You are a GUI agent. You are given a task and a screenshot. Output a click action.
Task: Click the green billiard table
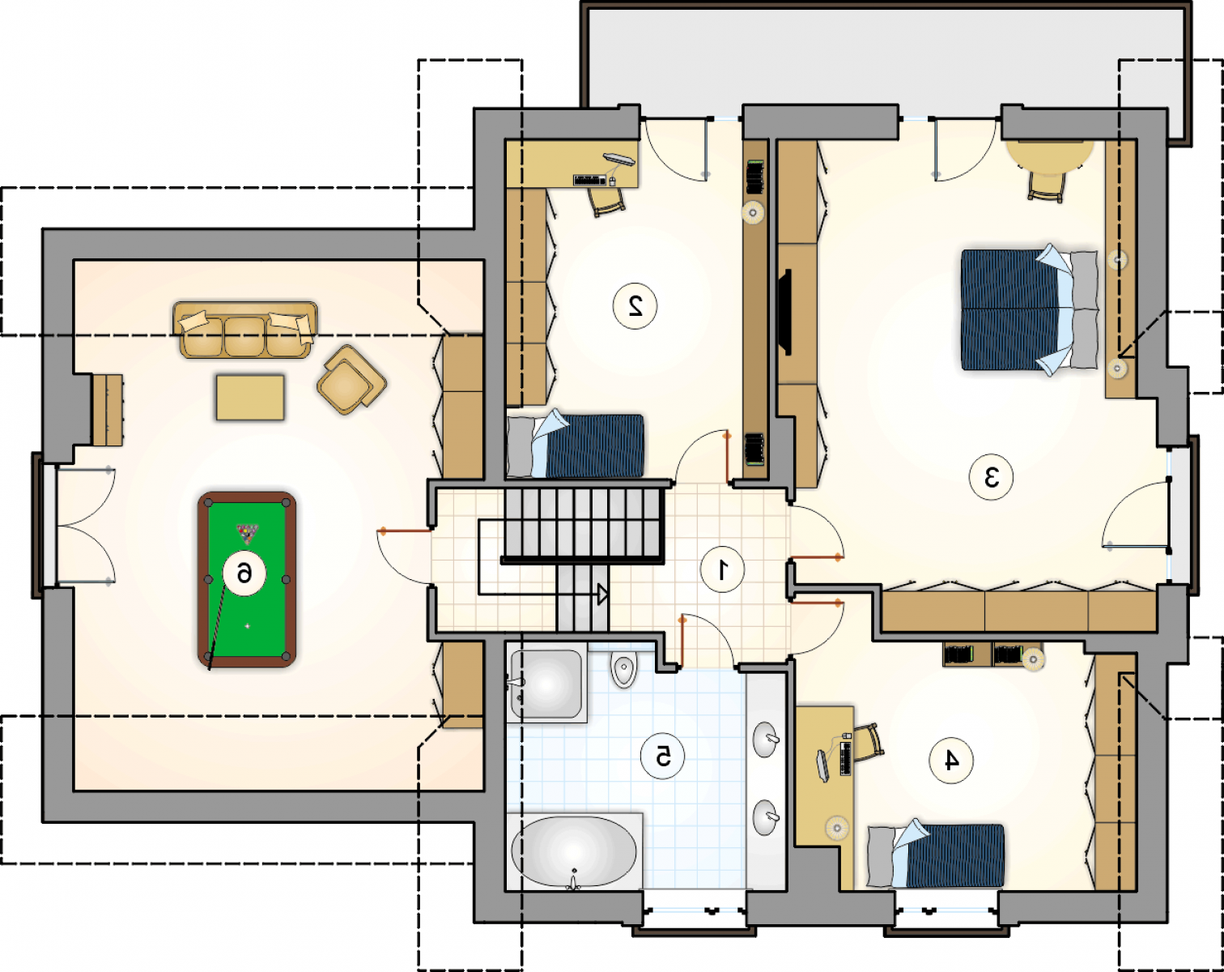(247, 579)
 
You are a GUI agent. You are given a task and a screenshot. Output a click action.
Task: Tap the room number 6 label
(244, 573)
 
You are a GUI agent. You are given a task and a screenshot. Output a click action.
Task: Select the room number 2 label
(635, 306)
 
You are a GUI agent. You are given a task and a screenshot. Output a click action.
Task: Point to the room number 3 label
(992, 477)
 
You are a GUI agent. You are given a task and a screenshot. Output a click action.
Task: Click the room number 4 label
(951, 761)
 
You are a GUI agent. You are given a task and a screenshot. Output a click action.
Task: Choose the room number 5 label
(663, 757)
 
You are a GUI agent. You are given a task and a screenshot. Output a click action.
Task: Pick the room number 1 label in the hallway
(722, 569)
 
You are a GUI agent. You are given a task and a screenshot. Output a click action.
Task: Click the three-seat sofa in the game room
(246, 330)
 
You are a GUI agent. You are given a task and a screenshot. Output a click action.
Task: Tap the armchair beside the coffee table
(351, 379)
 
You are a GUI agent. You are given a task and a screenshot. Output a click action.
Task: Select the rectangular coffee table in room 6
(250, 397)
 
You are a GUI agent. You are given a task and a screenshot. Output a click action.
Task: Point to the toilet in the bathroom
(624, 670)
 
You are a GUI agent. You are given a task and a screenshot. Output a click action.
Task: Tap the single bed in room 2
(576, 445)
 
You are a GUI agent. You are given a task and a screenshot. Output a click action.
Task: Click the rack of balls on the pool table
(248, 533)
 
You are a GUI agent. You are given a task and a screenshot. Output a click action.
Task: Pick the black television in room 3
(785, 312)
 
